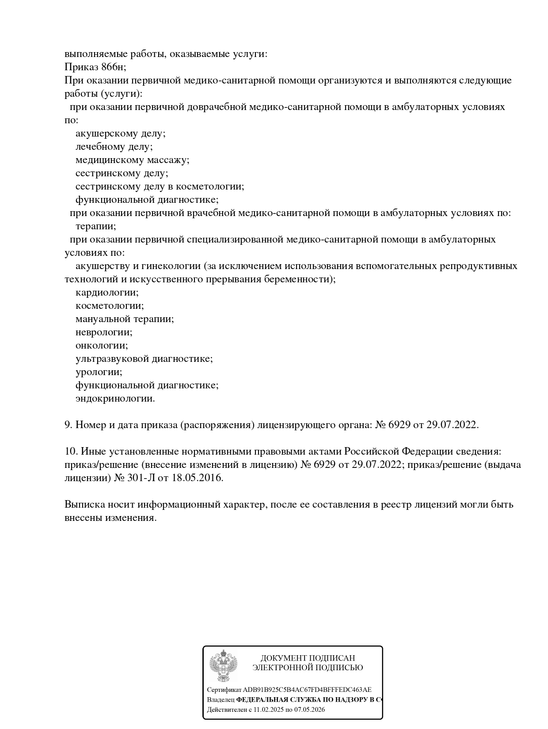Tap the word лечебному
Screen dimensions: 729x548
(100, 147)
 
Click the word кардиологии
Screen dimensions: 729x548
(107, 292)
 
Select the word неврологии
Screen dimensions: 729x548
(104, 332)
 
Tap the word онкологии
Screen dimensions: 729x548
(101, 346)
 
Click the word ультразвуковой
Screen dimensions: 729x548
(112, 359)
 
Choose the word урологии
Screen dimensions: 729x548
(99, 372)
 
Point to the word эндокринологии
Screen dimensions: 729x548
(115, 399)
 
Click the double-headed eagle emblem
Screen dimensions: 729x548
(224, 665)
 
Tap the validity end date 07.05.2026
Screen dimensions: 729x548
(309, 710)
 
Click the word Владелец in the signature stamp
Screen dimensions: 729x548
(221, 700)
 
